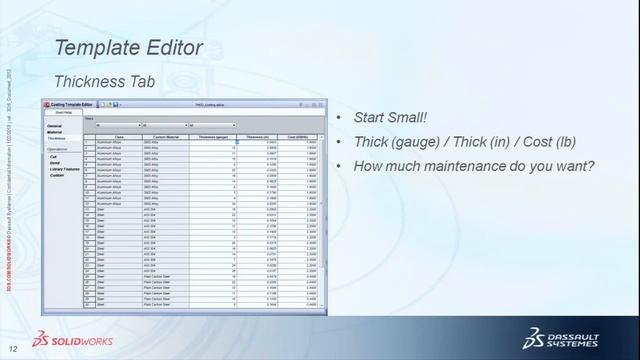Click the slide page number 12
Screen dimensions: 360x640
click(13, 348)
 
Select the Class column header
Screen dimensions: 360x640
click(119, 136)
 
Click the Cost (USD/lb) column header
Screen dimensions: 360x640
click(299, 136)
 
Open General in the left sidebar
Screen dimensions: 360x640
click(55, 126)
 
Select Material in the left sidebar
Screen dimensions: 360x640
click(55, 132)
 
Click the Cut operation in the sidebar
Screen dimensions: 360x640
click(54, 157)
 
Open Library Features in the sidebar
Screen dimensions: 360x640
click(64, 169)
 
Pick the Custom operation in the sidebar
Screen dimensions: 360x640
click(57, 175)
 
